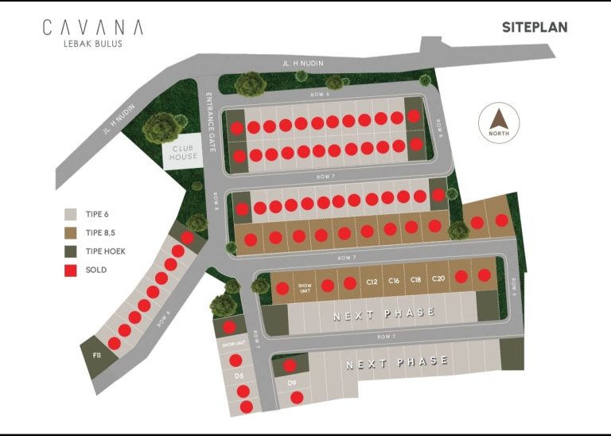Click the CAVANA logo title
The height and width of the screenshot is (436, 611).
click(x=93, y=27)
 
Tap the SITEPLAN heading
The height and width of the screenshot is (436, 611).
click(x=535, y=27)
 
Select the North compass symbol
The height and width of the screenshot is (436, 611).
click(x=499, y=123)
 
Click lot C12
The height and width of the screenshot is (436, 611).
click(x=371, y=282)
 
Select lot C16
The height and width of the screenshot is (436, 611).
click(x=393, y=281)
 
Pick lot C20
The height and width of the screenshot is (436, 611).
click(x=438, y=279)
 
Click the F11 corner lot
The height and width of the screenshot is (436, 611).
click(x=97, y=353)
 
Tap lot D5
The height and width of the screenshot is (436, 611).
click(x=239, y=375)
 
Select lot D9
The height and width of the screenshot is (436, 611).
click(x=291, y=383)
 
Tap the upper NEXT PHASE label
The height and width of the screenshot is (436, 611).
click(x=384, y=314)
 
